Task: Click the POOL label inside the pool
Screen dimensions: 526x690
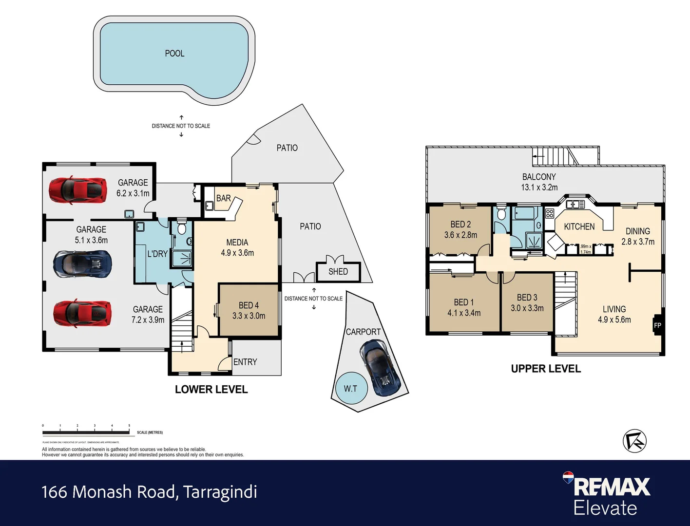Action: (174, 54)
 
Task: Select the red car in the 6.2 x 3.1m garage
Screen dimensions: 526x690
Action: (78, 190)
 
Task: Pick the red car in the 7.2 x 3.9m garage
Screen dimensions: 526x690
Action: (82, 313)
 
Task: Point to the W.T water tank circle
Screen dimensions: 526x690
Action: (350, 389)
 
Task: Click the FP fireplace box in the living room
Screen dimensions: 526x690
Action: (657, 325)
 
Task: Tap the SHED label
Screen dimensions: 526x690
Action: (338, 272)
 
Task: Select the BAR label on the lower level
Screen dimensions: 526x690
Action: (223, 198)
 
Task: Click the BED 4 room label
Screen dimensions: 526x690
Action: (249, 305)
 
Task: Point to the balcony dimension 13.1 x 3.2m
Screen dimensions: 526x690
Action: (539, 188)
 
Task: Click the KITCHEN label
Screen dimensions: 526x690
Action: (579, 226)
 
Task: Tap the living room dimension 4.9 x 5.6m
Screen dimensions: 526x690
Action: (614, 320)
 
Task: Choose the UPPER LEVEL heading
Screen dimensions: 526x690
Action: (546, 369)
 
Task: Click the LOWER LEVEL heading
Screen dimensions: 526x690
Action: (211, 390)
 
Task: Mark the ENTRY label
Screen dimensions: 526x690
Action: (245, 362)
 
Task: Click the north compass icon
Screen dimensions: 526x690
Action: (634, 441)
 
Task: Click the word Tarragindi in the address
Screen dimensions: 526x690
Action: (220, 492)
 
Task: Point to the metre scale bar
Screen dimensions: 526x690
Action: (86, 432)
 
